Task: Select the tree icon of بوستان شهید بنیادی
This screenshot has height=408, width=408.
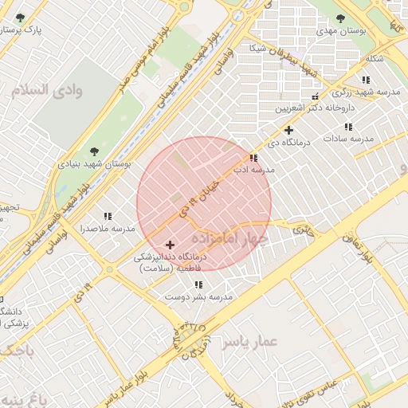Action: tap(94, 151)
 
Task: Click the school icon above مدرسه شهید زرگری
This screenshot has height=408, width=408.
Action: tap(366, 80)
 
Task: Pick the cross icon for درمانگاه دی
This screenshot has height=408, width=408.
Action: tap(288, 130)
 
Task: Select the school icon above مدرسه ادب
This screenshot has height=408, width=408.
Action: tap(253, 158)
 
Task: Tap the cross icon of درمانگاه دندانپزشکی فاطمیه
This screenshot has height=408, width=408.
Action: tap(170, 245)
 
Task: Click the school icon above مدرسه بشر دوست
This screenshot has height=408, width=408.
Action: tap(198, 284)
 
